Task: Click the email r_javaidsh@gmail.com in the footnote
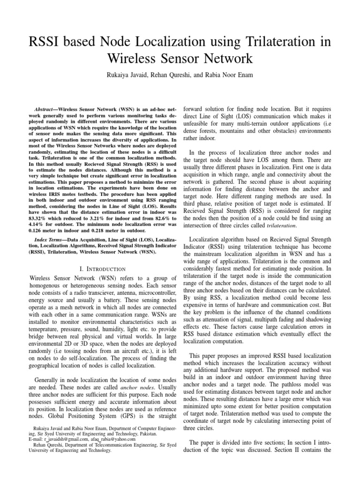coord(56,440)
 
